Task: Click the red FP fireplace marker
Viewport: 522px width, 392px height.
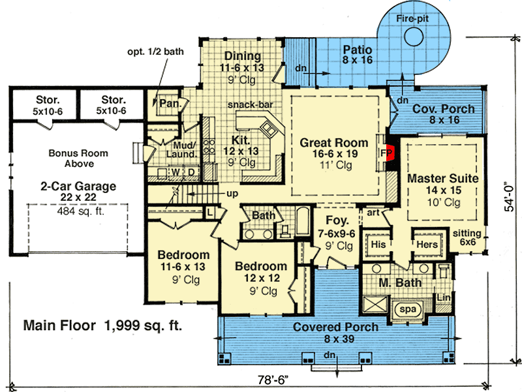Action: (x=386, y=151)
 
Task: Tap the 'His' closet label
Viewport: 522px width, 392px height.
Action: (x=378, y=244)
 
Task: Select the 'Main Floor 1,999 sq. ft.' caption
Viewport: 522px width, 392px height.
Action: (x=102, y=324)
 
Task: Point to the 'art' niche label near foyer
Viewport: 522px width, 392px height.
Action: (x=373, y=212)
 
